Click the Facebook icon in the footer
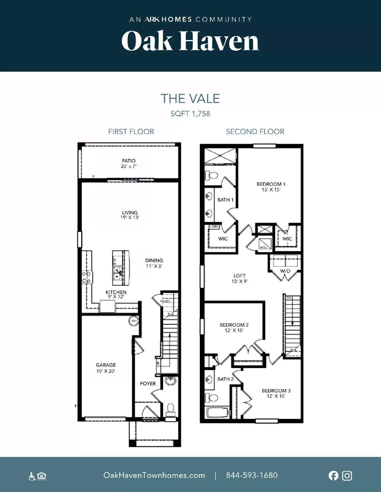coord(333,475)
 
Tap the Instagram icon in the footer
coord(347,475)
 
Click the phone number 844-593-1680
coord(252,475)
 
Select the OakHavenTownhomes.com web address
coord(154,475)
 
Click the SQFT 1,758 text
coord(190,113)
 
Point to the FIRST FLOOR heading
coord(131,132)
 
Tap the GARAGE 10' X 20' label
coord(106,368)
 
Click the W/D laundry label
coord(285,271)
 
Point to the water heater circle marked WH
coord(134,321)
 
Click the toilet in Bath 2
coord(211,397)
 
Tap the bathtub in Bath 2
coord(217,412)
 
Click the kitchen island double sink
coord(117,273)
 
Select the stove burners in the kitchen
coord(86,277)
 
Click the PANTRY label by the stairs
coord(165,301)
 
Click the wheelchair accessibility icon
coord(32,476)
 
